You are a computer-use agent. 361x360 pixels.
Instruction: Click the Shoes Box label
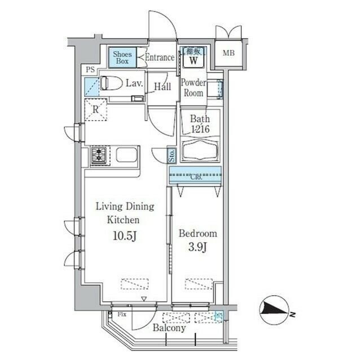[x=122, y=56]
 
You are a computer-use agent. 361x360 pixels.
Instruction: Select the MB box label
[x=228, y=54]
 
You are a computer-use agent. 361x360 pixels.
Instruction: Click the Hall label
[x=163, y=86]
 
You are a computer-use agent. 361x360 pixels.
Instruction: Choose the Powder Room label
[x=193, y=87]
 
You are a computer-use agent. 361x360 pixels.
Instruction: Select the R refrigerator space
[x=96, y=110]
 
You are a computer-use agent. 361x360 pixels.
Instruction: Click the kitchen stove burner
[x=99, y=155]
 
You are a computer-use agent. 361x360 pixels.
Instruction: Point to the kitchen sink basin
[x=127, y=155]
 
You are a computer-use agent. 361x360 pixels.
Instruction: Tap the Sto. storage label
[x=171, y=155]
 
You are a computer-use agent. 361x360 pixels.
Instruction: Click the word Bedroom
[x=197, y=233]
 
